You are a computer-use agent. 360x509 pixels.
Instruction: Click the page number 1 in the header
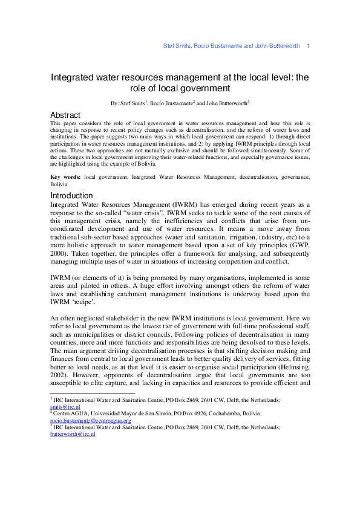click(309, 47)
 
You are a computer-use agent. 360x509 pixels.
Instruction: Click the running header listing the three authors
click(232, 47)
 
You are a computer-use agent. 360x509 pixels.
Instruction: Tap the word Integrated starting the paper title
click(73, 77)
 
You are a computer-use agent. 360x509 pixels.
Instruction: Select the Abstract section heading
click(65, 115)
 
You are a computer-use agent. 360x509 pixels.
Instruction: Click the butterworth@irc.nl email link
click(72, 434)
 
